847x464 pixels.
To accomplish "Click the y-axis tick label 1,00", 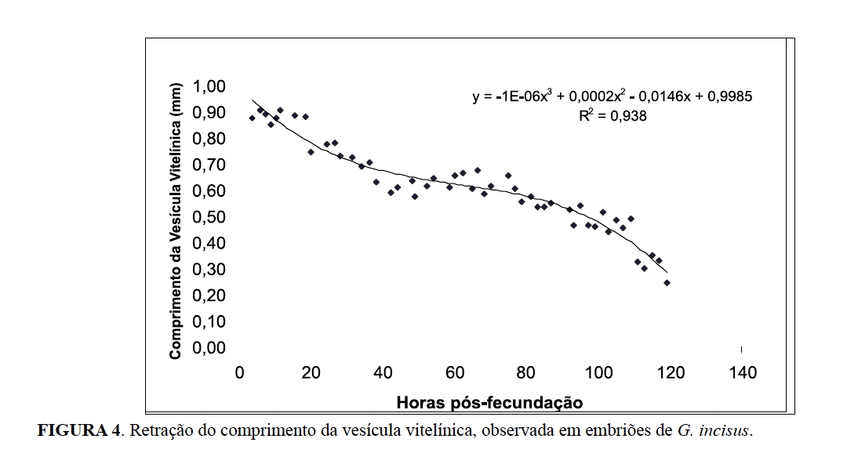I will (205, 86).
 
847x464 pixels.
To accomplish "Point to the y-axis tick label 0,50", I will (205, 217).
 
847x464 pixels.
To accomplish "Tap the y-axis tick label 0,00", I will (205, 348).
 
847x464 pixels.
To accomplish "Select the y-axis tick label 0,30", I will (205, 270).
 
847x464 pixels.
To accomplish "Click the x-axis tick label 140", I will (742, 373).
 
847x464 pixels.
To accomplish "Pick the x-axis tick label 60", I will (455, 373).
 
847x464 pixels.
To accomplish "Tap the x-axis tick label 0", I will (240, 373).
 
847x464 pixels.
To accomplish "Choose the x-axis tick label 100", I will (598, 373).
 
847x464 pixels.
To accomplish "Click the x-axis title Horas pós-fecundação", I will (490, 403).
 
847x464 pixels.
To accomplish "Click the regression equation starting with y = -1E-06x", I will (613, 97).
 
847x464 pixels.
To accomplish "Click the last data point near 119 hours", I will (667, 282).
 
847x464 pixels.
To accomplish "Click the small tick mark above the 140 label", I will (742, 348).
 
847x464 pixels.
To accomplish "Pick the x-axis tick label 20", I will (311, 373).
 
